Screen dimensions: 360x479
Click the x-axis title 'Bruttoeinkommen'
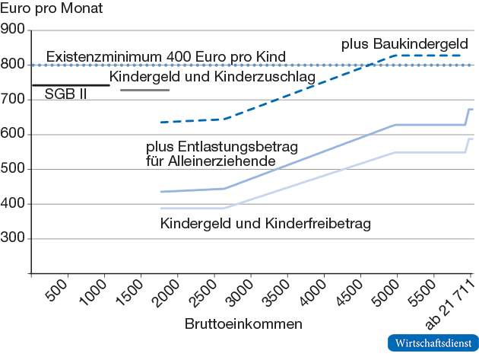click(243, 323)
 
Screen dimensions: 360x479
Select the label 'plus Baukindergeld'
click(404, 43)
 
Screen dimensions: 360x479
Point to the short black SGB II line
click(70, 84)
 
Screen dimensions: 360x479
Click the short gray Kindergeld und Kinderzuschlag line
click(144, 91)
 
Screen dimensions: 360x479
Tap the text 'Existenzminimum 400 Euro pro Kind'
click(166, 57)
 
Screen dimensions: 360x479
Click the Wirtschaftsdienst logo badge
click(432, 343)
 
